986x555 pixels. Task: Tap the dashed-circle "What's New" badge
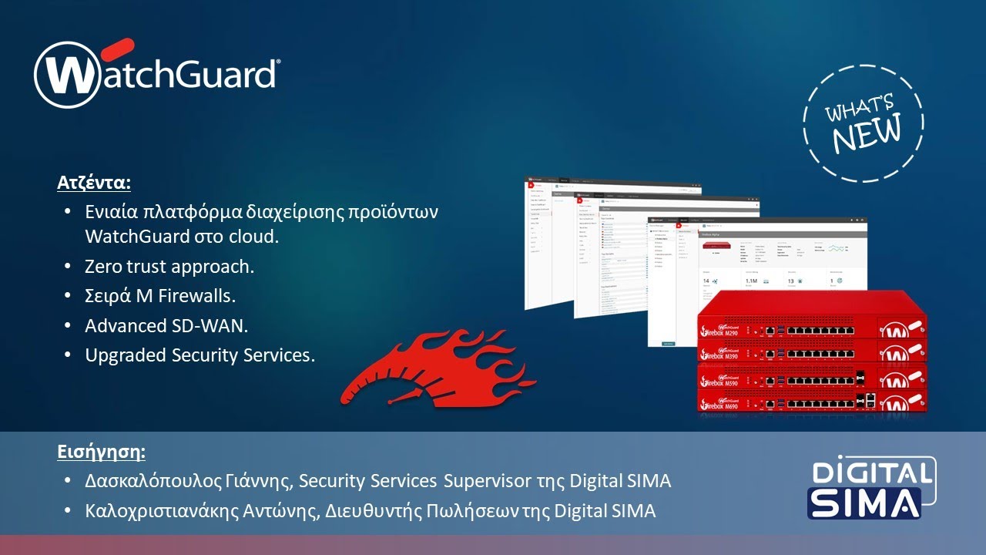862,123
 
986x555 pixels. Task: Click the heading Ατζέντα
94,183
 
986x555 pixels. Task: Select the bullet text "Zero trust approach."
169,267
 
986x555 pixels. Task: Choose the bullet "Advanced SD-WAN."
166,325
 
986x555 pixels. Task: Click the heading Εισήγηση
101,451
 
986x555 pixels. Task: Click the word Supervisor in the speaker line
485,481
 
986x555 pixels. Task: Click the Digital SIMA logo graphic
871,488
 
